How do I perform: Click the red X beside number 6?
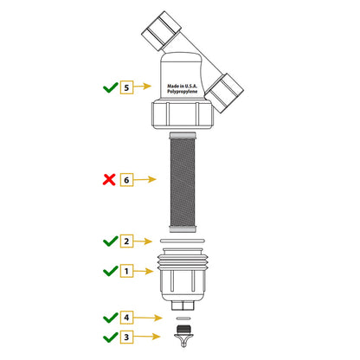[x=109, y=179]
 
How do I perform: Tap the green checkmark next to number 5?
[x=111, y=87]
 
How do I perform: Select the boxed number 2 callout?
[x=126, y=241]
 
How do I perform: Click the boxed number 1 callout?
[x=126, y=271]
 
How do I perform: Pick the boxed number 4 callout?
[x=126, y=318]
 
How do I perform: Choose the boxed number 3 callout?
[x=126, y=337]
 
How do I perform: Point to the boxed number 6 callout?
[x=126, y=180]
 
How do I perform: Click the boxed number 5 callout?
[x=126, y=87]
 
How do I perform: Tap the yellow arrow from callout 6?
[x=145, y=179]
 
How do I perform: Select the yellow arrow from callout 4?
[x=148, y=318]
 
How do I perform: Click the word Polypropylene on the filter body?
[x=183, y=92]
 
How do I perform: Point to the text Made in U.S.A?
[x=183, y=86]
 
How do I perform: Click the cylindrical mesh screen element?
[x=183, y=183]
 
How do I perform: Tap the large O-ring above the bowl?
[x=183, y=241]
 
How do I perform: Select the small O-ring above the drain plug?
[x=183, y=318]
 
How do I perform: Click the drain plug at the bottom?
[x=183, y=336]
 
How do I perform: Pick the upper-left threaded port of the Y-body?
[x=161, y=31]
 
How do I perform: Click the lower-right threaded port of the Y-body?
[x=224, y=93]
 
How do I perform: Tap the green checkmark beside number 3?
[x=111, y=337]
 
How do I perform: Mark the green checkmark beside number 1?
[x=111, y=271]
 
